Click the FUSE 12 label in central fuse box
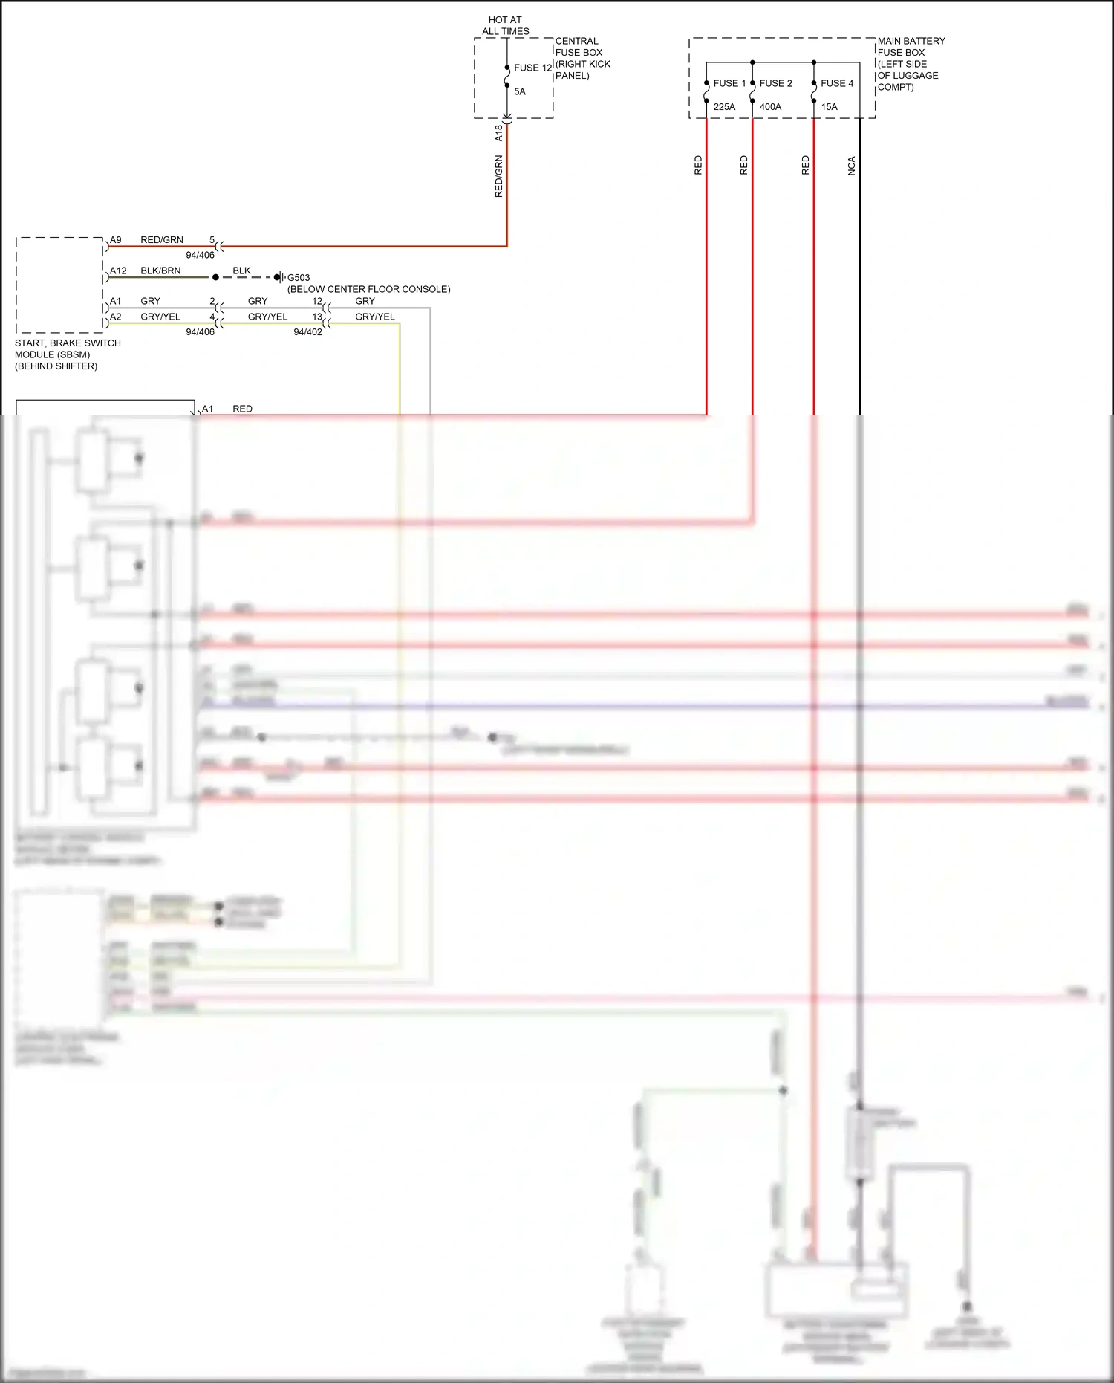pyautogui.click(x=532, y=68)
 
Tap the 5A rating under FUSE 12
pyautogui.click(x=520, y=91)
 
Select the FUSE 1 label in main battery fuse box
pyautogui.click(x=729, y=83)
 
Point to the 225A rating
pyautogui.click(x=724, y=107)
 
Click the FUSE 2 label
pyautogui.click(x=775, y=83)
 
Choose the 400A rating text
pyautogui.click(x=770, y=107)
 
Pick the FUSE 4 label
pyautogui.click(x=837, y=83)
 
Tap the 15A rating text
pyautogui.click(x=829, y=107)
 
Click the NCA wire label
pyautogui.click(x=852, y=166)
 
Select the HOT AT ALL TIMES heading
pyautogui.click(x=506, y=25)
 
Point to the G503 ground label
pyautogui.click(x=299, y=278)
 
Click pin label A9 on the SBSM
pyautogui.click(x=116, y=240)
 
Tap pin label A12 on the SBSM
pyautogui.click(x=118, y=271)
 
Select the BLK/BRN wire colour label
pyautogui.click(x=160, y=271)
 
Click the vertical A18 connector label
pyautogui.click(x=499, y=133)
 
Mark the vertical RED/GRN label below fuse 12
pyautogui.click(x=499, y=176)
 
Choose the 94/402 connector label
pyautogui.click(x=307, y=332)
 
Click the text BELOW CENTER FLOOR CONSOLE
pyautogui.click(x=368, y=289)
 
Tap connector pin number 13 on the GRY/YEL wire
pyautogui.click(x=317, y=317)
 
